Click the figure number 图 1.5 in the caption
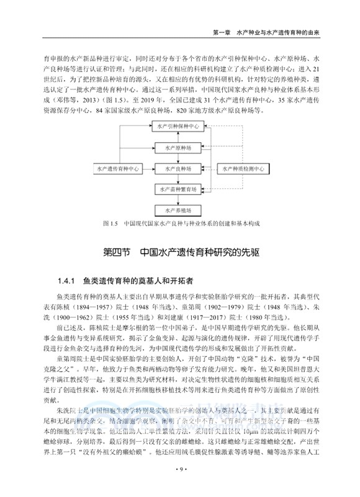110,223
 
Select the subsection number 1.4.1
66,281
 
